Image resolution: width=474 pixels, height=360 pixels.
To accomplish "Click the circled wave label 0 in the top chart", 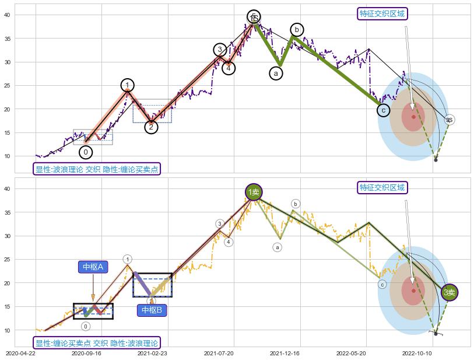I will tap(86, 152).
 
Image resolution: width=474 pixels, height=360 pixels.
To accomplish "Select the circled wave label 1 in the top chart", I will tap(128, 85).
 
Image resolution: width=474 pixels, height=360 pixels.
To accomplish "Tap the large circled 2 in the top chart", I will tap(151, 127).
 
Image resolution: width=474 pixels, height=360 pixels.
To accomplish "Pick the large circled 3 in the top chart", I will tap(220, 50).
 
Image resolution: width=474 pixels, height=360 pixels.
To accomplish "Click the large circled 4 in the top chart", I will tap(229, 68).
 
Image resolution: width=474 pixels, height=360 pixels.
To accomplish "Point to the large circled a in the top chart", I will tap(276, 73).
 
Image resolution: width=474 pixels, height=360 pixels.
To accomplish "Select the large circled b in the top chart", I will tap(297, 29).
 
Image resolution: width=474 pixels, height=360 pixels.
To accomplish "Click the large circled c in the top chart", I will tap(383, 110).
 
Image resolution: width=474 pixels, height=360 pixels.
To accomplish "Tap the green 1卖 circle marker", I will tap(254, 191).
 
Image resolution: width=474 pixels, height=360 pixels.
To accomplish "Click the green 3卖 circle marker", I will tap(450, 292).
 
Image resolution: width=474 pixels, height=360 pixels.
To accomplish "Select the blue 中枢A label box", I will tap(93, 267).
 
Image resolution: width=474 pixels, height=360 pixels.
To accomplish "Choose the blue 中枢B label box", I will tap(151, 310).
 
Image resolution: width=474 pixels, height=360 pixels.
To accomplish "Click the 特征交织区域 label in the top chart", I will tap(382, 13).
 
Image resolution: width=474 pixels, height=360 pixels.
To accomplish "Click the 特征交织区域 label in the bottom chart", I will tap(382, 187).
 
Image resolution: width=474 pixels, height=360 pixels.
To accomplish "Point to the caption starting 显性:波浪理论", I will tap(97, 169).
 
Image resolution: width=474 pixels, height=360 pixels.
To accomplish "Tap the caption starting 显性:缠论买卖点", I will tap(97, 343).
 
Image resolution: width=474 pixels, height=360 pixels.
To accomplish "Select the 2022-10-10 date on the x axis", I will tap(417, 353).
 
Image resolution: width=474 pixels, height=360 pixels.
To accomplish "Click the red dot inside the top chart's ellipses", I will tap(413, 117).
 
